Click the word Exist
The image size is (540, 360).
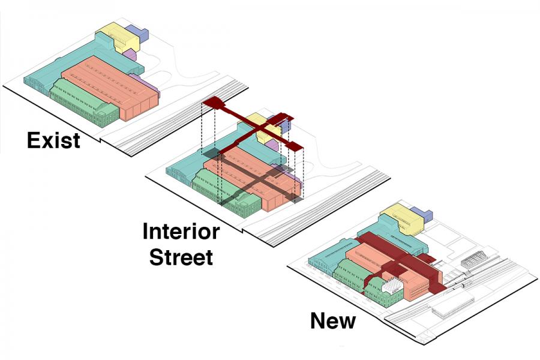(53, 140)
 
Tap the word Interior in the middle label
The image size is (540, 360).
(181, 232)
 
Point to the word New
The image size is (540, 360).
(332, 320)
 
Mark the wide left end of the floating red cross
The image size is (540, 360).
(214, 104)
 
